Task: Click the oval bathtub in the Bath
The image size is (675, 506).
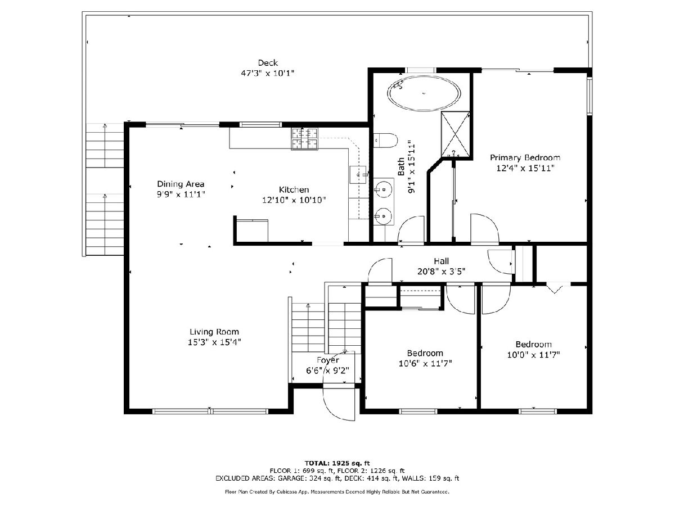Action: (424, 93)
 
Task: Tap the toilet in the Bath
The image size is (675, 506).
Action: (386, 141)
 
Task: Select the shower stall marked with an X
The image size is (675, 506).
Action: (455, 134)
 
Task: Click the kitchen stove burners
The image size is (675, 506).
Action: (304, 139)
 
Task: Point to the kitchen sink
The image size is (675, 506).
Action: (358, 174)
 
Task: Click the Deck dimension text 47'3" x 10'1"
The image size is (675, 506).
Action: (268, 74)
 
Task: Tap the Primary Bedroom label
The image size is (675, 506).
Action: (525, 157)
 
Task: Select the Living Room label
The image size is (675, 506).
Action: (214, 332)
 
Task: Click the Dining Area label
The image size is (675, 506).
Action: (181, 184)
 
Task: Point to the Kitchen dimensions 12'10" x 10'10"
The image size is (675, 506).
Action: (294, 200)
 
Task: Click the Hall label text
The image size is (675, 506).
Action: (442, 261)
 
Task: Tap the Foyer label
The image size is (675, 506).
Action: (328, 360)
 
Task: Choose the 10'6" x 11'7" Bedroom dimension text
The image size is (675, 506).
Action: (425, 363)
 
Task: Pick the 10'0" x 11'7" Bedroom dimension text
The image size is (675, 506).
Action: (534, 355)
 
